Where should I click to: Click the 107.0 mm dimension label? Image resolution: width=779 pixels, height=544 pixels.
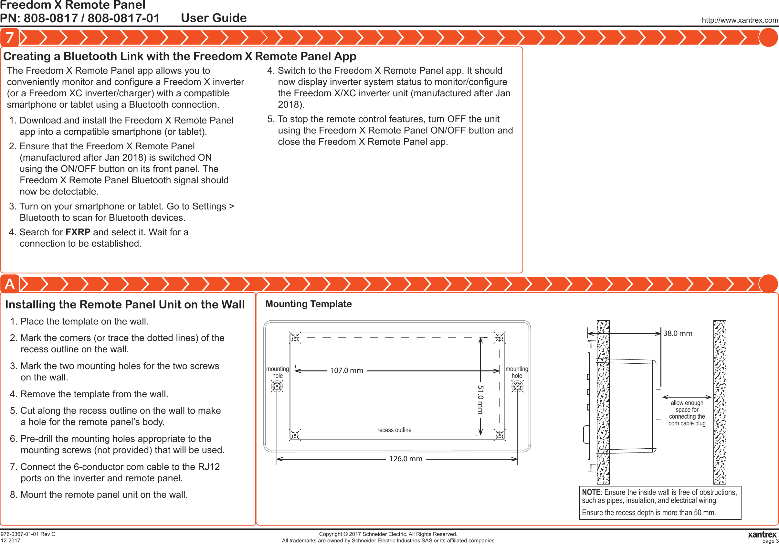point(346,370)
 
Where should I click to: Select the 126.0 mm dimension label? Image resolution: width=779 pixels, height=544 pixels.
point(405,458)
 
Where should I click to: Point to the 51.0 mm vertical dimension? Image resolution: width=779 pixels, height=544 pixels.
point(480,400)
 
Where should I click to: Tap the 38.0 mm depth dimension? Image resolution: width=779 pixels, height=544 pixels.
point(678,333)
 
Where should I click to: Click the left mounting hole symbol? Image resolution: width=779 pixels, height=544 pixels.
point(277,386)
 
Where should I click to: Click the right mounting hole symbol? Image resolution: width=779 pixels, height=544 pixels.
point(517,386)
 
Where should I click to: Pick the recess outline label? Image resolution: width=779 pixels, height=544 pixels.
point(394,430)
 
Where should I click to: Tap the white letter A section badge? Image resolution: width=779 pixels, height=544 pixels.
point(9,284)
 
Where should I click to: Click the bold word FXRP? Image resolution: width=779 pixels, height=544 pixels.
point(78,232)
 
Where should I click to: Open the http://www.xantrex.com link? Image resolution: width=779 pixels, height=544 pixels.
point(740,20)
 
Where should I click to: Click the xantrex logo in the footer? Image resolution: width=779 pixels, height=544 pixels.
point(762,534)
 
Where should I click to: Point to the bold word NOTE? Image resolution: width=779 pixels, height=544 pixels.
point(591,492)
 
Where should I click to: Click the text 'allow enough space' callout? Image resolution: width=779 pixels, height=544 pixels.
point(687,413)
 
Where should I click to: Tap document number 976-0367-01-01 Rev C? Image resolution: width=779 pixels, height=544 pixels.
point(28,534)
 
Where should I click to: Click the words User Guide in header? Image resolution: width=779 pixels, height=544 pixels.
point(214,18)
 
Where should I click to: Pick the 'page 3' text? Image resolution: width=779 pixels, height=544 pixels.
point(770,541)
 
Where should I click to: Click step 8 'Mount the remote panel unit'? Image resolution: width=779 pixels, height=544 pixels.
point(99,495)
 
